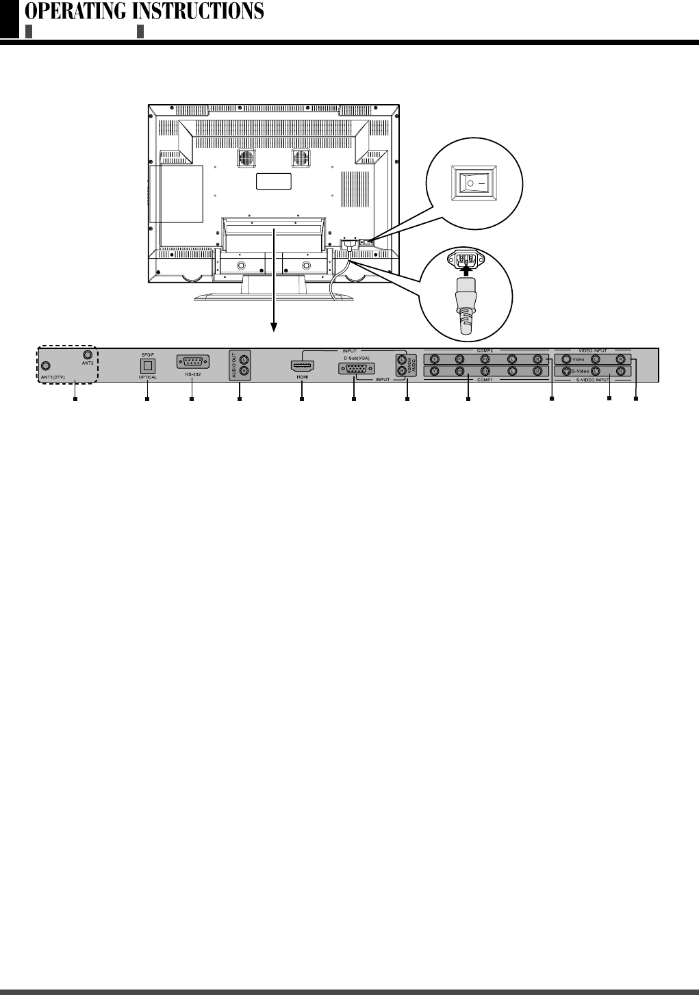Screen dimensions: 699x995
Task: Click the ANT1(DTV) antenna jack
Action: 45,365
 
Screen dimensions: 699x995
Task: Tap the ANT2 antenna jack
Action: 87,355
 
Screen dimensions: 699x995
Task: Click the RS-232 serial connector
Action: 192,363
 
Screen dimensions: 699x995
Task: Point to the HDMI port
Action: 302,365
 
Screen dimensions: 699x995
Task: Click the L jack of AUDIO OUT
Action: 244,359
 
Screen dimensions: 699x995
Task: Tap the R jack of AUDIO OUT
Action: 244,372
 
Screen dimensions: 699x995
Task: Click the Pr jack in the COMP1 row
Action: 485,372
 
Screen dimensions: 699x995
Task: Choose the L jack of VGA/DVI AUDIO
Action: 401,359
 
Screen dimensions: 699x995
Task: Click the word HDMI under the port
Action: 302,377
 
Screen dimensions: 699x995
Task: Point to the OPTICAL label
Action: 148,377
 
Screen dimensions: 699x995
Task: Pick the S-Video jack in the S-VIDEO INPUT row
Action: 566,372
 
